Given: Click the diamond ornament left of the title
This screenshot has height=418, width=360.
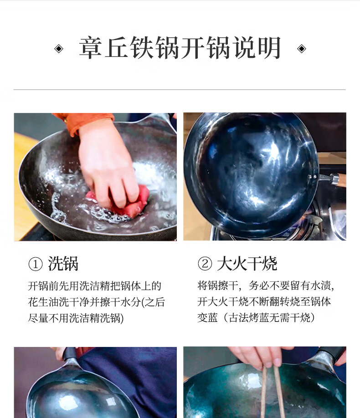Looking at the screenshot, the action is coord(59,49).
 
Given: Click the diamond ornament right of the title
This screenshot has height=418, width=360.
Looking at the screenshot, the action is coord(302,49).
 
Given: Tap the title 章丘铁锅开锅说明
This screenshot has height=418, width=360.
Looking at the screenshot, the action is coord(180,48).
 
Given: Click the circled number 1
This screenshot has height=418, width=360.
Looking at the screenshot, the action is coord(35,264).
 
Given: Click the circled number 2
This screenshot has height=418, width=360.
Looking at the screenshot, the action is coord(205,264).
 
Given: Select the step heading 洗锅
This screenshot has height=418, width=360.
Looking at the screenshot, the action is coord(63,264).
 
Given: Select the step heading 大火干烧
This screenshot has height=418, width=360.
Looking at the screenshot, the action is coord(247,263).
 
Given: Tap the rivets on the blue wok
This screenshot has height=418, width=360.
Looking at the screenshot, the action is coord(312,176).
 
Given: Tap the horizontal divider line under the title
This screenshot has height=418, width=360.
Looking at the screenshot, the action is coord(180,90).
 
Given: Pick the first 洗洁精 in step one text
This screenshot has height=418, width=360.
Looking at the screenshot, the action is coord(95,286).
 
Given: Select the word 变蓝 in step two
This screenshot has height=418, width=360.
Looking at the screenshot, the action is coord(208,318).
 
